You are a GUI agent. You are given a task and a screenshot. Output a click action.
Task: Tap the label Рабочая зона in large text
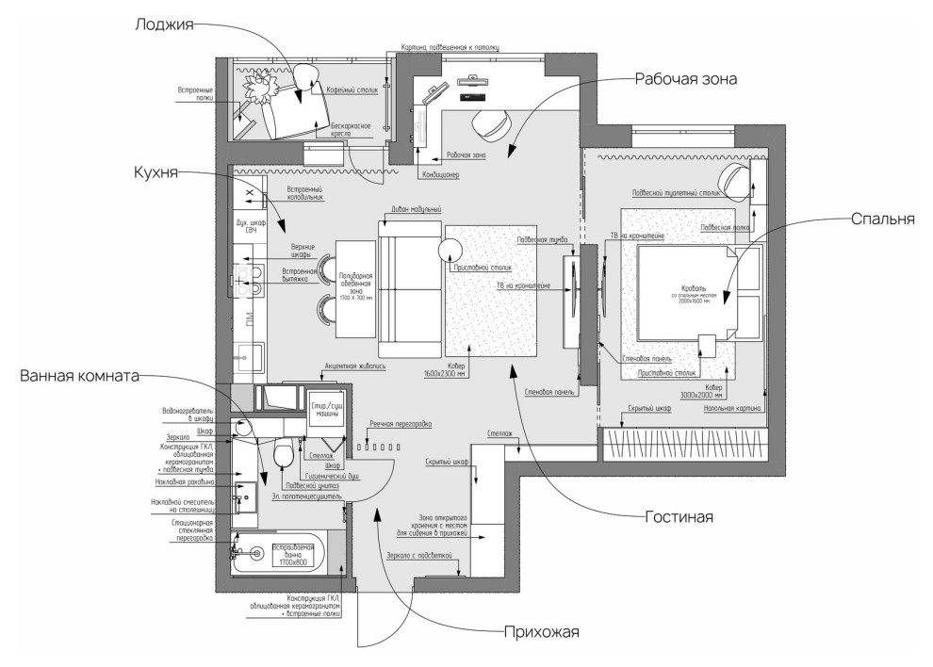[x=685, y=79]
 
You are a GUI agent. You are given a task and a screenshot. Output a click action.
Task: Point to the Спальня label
[x=883, y=220]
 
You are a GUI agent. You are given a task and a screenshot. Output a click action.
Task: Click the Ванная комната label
[x=78, y=376]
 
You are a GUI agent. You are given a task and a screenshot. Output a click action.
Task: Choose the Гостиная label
[x=679, y=517]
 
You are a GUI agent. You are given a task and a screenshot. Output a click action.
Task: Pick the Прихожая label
[x=540, y=632]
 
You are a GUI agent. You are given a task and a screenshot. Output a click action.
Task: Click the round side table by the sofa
[x=449, y=250]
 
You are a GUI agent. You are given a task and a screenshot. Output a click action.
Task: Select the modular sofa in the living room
[x=409, y=283]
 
